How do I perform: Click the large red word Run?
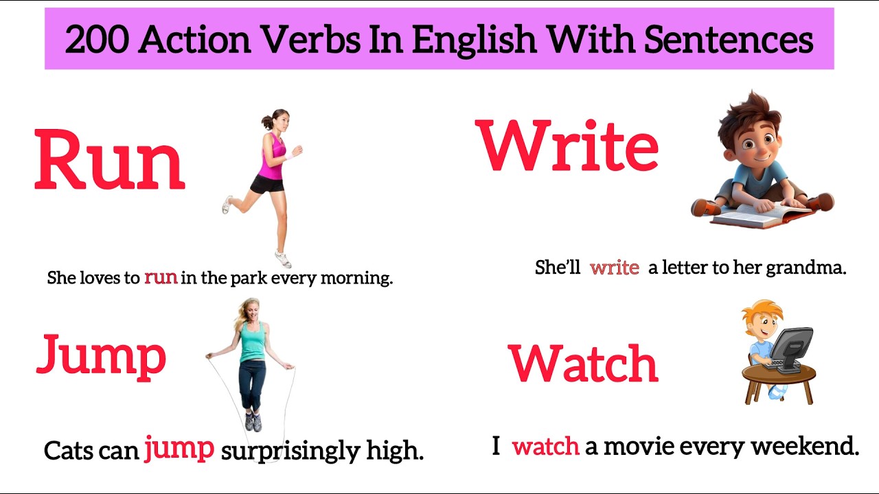pos(110,160)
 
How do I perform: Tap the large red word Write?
pos(567,145)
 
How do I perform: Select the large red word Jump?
pos(101,355)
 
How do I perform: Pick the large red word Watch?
pos(583,363)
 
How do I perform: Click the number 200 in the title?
pos(97,40)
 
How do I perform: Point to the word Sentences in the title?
pos(729,40)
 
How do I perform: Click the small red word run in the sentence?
pos(161,277)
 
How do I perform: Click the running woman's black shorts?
pos(267,184)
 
